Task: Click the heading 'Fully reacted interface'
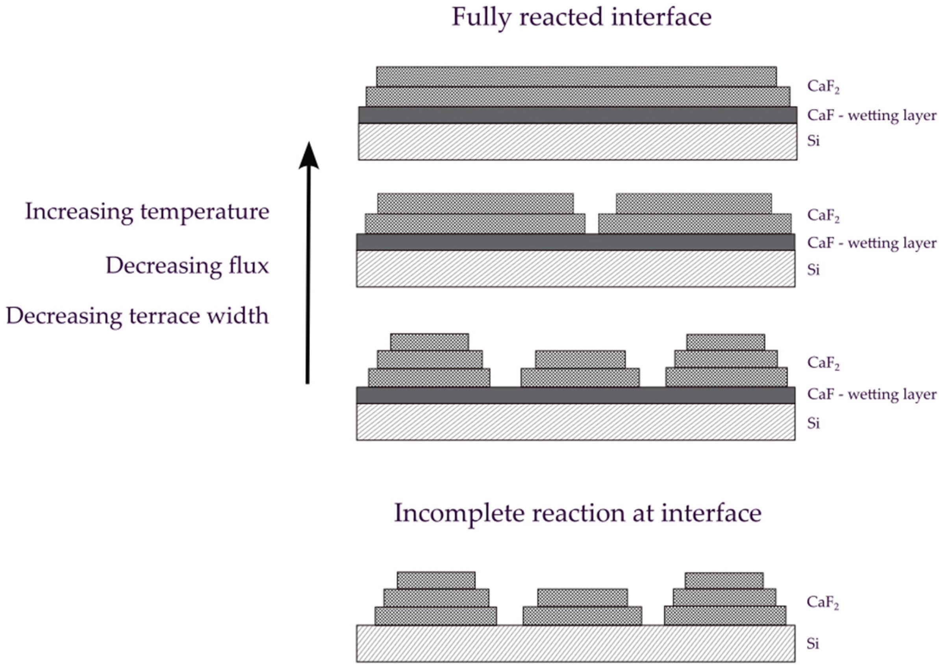tap(582, 17)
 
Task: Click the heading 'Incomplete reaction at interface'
tap(578, 513)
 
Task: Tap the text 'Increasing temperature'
tap(147, 212)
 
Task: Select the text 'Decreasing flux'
tap(187, 266)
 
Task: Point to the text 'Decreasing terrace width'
tap(137, 316)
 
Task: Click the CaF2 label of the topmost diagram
tap(823, 86)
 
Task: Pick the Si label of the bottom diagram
tap(813, 643)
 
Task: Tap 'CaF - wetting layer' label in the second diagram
tap(871, 243)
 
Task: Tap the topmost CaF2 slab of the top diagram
tap(576, 76)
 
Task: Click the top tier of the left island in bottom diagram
tap(436, 580)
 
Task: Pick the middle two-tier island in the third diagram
tap(580, 369)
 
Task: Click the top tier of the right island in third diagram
tap(725, 342)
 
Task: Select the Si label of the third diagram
tap(813, 423)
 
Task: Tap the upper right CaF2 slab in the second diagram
tap(693, 203)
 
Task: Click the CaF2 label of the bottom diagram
tap(822, 602)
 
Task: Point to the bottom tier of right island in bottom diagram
tap(725, 615)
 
